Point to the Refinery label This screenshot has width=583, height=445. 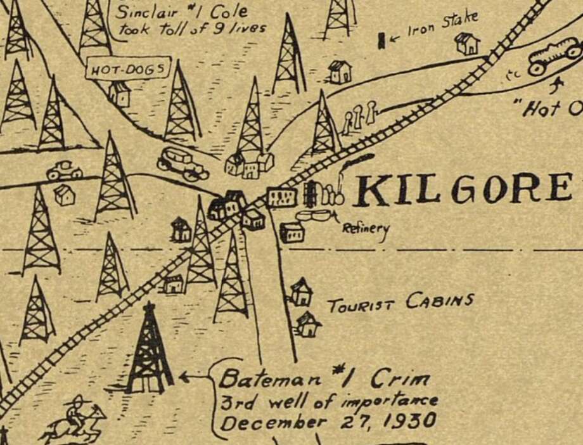pos(366,229)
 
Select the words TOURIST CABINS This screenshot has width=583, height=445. pos(400,302)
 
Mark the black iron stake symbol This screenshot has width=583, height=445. pos(381,41)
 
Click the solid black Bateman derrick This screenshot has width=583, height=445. pos(150,352)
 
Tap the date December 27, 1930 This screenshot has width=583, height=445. pos(328,421)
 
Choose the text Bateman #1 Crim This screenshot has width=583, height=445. pos(324,379)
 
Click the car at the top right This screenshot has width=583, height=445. pos(554,56)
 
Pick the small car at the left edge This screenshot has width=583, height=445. pos(64,170)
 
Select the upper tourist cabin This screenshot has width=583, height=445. pos(301,292)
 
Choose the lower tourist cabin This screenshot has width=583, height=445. pos(309,324)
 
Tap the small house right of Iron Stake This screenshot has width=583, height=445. pos(467,43)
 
